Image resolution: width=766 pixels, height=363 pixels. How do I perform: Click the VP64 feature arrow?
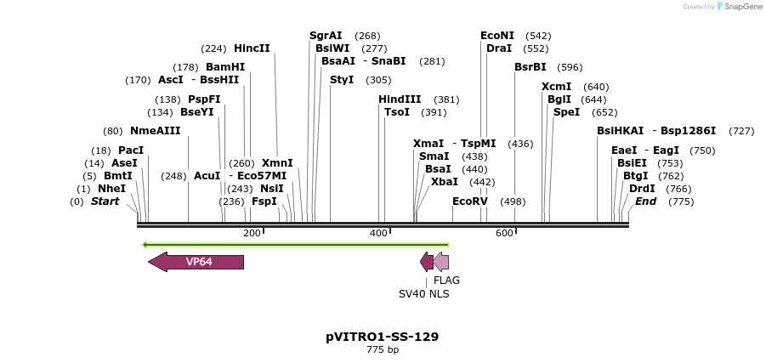click(x=197, y=262)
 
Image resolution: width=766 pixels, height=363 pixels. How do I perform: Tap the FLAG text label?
click(x=446, y=280)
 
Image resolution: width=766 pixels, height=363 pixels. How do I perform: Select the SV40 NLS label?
click(x=424, y=294)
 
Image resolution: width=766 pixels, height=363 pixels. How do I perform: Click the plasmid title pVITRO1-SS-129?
click(x=383, y=337)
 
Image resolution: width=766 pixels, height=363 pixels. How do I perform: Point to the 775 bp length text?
click(x=383, y=349)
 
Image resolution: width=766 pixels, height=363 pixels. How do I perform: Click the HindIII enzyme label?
click(x=400, y=99)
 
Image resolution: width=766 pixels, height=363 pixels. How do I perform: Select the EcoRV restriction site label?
click(x=470, y=201)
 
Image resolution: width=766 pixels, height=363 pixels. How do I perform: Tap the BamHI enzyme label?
click(x=225, y=67)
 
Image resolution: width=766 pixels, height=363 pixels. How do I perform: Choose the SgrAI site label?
click(x=326, y=36)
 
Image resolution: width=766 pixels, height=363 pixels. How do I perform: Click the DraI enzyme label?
click(x=499, y=48)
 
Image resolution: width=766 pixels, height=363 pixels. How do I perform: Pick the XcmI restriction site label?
click(x=557, y=87)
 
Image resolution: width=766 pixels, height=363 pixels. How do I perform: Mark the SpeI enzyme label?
click(x=566, y=112)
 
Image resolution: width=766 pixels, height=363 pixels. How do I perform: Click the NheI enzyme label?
click(x=111, y=189)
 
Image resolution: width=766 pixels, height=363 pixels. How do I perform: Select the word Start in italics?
click(x=105, y=201)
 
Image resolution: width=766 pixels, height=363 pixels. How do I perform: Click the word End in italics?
click(x=645, y=201)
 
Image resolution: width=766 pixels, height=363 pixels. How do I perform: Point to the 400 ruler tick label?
click(x=378, y=233)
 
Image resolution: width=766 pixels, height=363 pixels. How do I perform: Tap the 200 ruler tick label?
click(x=252, y=233)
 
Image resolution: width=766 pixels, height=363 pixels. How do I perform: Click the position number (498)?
click(x=513, y=201)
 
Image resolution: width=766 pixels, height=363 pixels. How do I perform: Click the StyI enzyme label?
click(x=342, y=80)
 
